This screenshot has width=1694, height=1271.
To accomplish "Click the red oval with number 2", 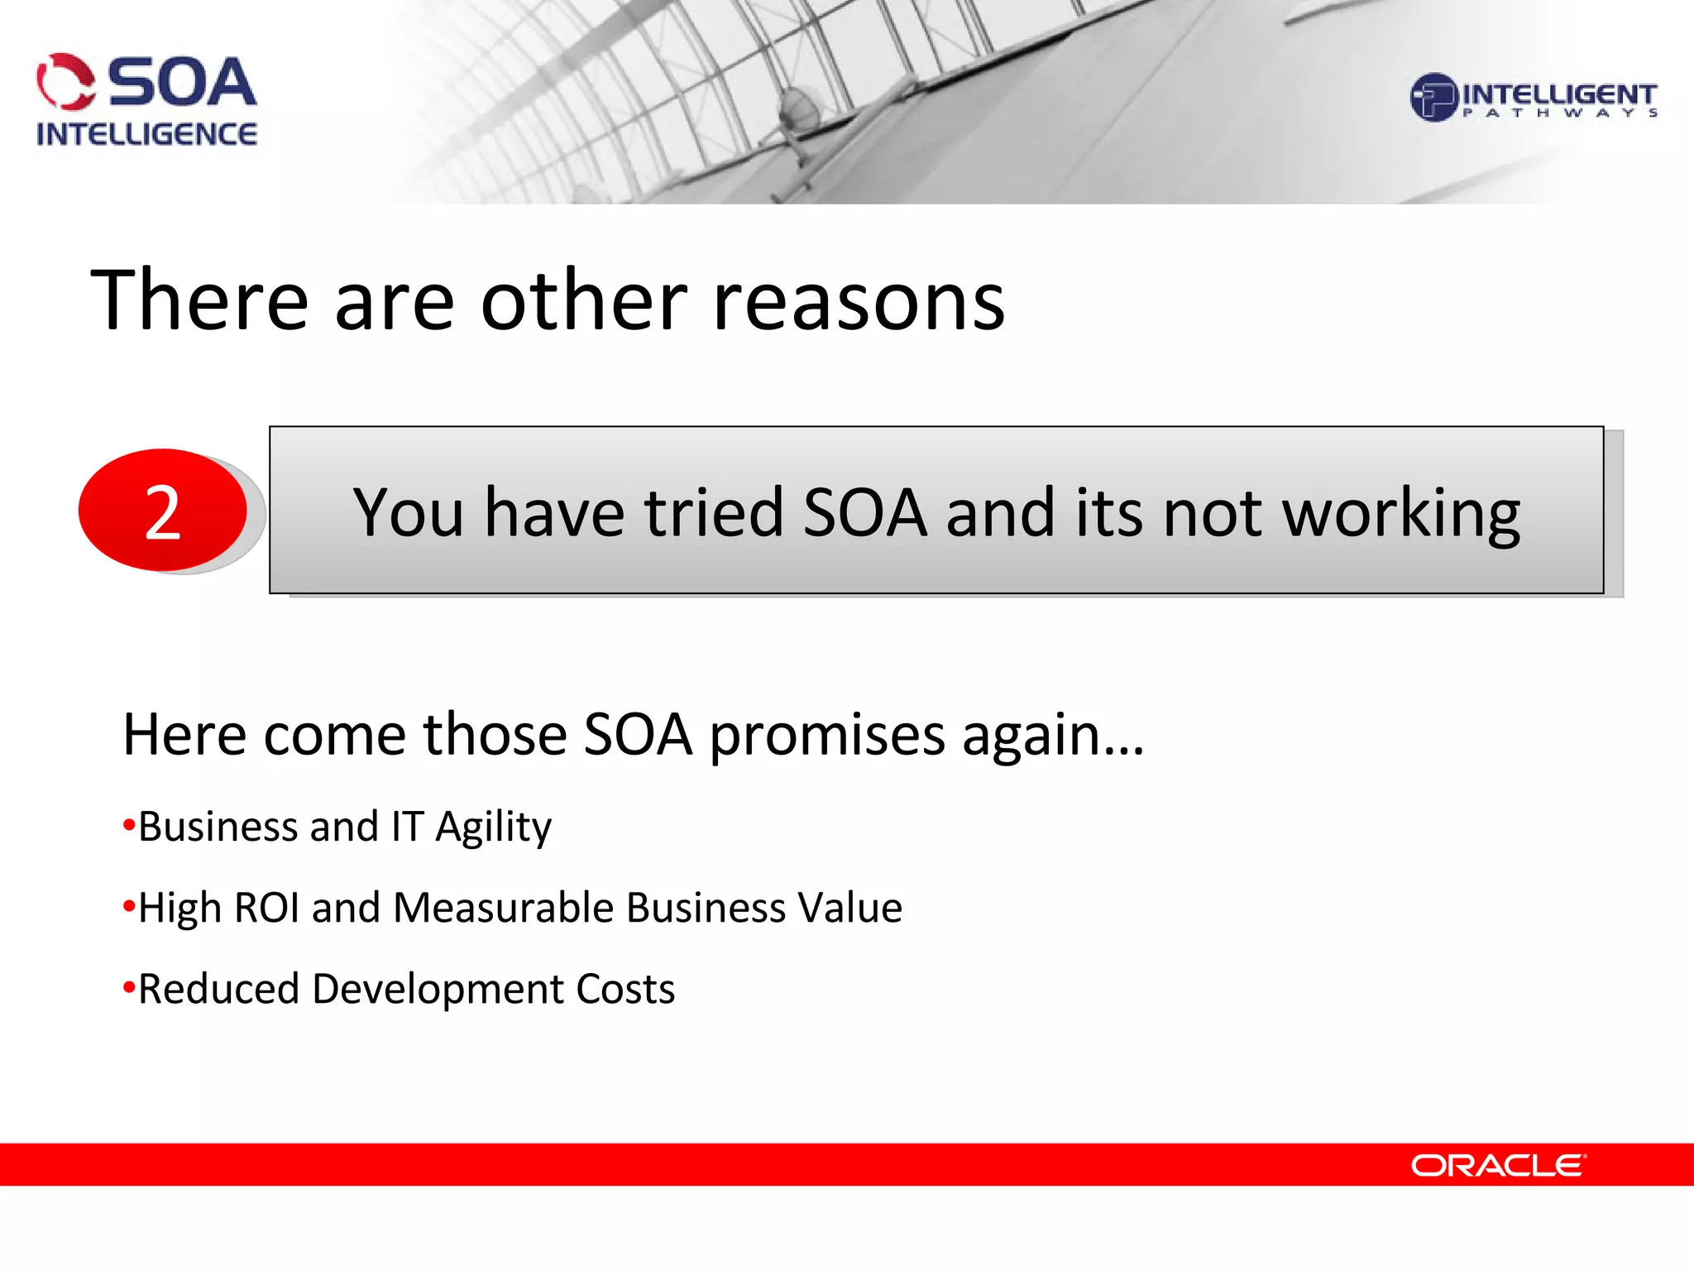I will coord(163,511).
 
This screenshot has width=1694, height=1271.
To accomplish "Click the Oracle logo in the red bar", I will coord(1498,1165).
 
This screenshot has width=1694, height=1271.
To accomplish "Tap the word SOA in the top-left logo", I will coord(183,83).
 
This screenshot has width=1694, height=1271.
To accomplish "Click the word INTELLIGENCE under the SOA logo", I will coord(146,134).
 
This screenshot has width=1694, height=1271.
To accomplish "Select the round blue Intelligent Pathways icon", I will coord(1433,98).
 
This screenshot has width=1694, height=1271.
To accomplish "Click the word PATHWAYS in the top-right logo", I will coord(1560,113).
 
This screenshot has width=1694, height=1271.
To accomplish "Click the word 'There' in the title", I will coord(199,301).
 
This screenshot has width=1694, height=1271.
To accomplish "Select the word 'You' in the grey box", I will coord(408,513).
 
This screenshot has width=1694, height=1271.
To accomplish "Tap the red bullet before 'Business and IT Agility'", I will coord(128,825).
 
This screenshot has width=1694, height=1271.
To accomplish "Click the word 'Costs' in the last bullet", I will coord(625,989).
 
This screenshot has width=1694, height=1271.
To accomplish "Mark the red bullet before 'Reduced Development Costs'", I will coord(128,987).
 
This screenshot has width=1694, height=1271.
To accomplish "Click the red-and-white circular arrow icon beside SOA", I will coord(65,82).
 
